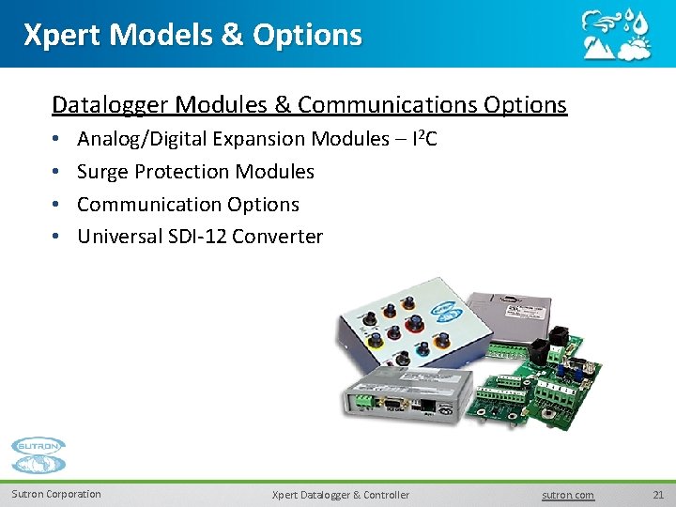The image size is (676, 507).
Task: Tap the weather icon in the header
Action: pyautogui.click(x=614, y=34)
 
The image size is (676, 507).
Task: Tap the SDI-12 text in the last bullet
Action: pyautogui.click(x=194, y=237)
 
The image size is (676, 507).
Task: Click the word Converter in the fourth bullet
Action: pyautogui.click(x=277, y=237)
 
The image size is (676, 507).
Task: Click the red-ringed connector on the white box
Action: pyautogui.click(x=414, y=325)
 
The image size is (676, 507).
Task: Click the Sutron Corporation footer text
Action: pyautogui.click(x=56, y=495)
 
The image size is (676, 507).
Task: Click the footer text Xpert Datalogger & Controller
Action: pyautogui.click(x=340, y=495)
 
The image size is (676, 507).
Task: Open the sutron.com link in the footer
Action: pyautogui.click(x=568, y=495)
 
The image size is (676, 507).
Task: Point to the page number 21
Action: pyautogui.click(x=657, y=495)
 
